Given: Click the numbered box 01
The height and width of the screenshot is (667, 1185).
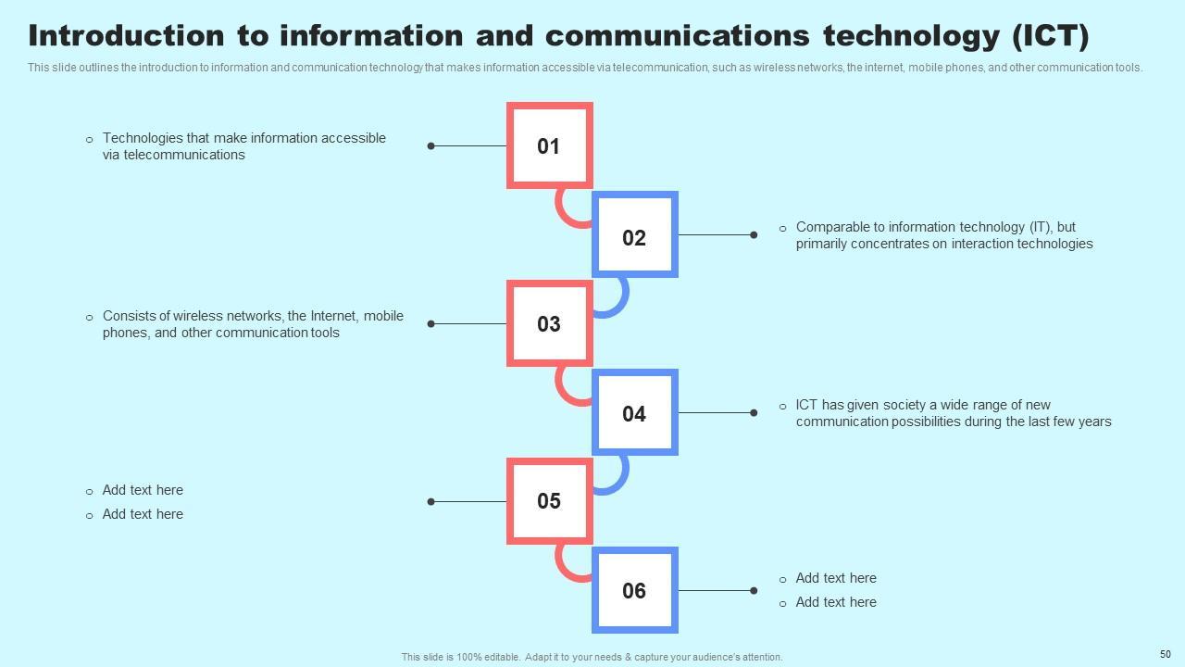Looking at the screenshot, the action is pos(549,146).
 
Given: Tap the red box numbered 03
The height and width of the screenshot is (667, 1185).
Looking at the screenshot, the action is pos(549,323).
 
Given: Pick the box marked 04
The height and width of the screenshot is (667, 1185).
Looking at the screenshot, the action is pos(634,412).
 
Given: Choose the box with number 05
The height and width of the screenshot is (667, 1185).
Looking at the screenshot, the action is pos(549,501).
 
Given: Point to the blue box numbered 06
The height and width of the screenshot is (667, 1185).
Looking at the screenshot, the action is pos(634,590).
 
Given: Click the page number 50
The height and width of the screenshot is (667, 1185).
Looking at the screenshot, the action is pos(1166,654).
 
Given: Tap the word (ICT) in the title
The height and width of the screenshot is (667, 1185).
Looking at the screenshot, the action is pos(1050,36).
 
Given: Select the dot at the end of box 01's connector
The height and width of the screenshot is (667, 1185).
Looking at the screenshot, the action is pos(430,146).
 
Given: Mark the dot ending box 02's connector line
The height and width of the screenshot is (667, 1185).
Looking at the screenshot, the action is pos(754,235).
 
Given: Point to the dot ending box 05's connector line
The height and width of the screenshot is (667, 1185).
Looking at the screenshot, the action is pos(430,502).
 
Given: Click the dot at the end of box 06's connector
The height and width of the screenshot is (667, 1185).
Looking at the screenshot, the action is pos(754,591).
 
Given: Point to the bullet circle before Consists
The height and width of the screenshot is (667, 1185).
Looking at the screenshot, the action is pos(90,317).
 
